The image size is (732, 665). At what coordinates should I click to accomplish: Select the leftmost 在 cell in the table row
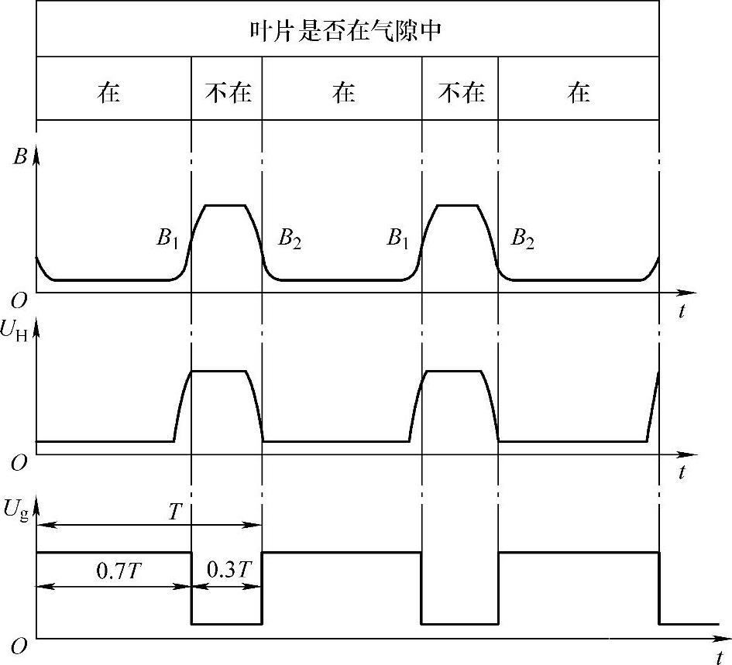point(109,93)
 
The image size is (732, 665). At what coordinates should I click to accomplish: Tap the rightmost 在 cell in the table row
point(578,93)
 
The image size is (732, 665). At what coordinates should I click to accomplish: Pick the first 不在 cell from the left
point(227,93)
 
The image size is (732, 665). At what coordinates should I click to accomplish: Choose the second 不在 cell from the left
point(461,93)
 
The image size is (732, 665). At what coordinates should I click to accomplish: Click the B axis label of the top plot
point(20,157)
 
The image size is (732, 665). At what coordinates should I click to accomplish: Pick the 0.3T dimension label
point(226,571)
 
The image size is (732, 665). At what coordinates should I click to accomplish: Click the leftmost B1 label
point(168,238)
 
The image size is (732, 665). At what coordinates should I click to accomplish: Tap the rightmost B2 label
point(523,238)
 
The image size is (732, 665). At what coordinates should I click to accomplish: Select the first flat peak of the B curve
point(225,205)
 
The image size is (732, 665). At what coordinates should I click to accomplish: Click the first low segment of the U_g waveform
point(226,623)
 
